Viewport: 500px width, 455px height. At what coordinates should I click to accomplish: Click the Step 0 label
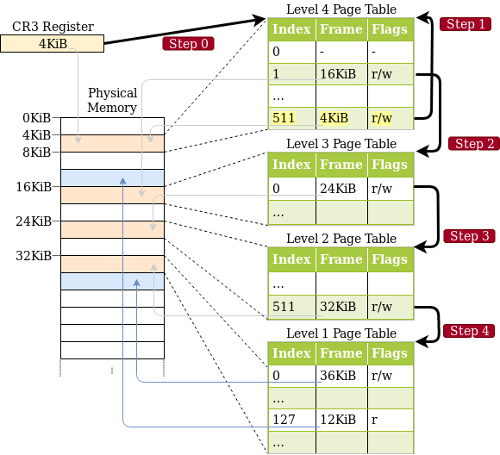[188, 44]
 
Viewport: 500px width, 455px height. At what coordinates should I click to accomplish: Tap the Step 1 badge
[466, 24]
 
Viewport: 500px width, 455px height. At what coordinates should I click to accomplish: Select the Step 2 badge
[474, 144]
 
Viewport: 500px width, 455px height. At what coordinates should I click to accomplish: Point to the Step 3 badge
[470, 236]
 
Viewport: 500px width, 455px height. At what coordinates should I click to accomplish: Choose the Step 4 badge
[470, 331]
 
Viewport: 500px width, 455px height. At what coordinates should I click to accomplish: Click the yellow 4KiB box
[52, 43]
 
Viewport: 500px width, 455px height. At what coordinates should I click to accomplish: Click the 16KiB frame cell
[341, 74]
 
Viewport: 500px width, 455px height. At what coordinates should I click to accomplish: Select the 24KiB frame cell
[341, 188]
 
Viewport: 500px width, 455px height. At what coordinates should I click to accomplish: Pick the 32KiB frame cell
[341, 307]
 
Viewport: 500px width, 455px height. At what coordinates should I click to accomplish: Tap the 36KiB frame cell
[341, 375]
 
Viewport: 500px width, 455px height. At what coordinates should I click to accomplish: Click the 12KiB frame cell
[341, 420]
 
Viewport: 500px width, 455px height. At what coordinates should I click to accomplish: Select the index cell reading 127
[291, 420]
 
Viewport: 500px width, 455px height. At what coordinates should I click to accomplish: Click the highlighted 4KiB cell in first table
[341, 118]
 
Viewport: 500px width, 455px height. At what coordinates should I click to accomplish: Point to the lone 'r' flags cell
[391, 420]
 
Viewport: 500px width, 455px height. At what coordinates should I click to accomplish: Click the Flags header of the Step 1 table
[391, 29]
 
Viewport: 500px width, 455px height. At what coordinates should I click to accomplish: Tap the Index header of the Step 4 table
[291, 353]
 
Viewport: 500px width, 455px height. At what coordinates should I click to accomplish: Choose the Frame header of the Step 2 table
[341, 165]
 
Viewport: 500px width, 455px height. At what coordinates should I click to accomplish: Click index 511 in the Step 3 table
[291, 307]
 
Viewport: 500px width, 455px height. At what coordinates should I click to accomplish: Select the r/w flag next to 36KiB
[391, 375]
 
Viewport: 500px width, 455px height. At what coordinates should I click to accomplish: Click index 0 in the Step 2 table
[291, 188]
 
